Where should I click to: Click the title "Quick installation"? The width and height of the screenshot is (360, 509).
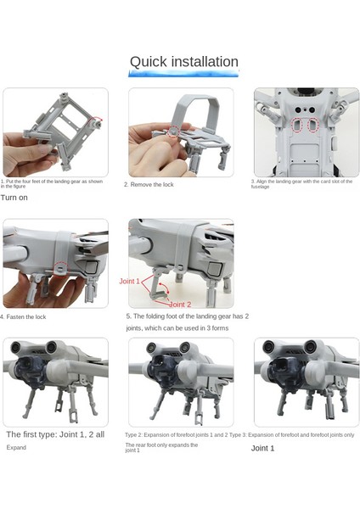coord(183,62)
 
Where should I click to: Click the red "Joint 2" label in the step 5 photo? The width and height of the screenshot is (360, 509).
coord(180,305)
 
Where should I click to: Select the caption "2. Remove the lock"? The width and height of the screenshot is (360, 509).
coord(149,184)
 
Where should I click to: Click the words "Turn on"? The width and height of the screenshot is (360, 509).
coord(14,198)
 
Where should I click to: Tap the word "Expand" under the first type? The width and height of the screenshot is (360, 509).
coord(17,447)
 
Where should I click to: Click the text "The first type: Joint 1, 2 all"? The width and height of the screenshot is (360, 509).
coord(56,434)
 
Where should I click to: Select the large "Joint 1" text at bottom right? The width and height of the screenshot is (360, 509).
coord(262,448)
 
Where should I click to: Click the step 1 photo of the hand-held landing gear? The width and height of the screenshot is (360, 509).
coord(54,132)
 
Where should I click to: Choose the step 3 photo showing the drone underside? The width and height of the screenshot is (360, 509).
coord(306,132)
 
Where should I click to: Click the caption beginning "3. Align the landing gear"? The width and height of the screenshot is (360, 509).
coord(301,183)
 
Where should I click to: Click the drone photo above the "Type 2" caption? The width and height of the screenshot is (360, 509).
coord(180,382)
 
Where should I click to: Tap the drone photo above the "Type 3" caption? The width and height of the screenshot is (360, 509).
coord(306,382)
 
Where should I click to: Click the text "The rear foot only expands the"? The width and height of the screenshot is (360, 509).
coord(161,445)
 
